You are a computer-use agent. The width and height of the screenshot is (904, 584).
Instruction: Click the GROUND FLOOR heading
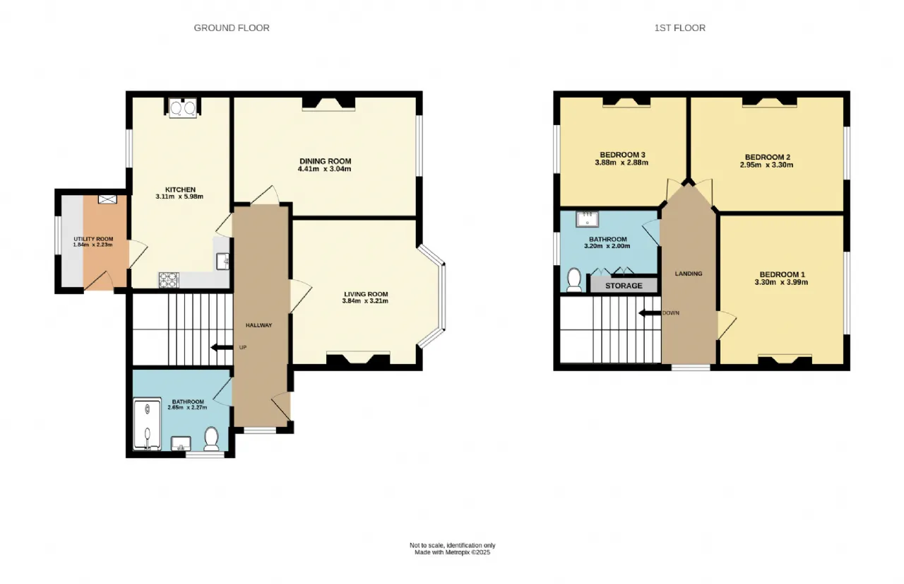pyautogui.click(x=232, y=28)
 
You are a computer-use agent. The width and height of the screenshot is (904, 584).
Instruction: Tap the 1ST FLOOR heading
pyautogui.click(x=680, y=28)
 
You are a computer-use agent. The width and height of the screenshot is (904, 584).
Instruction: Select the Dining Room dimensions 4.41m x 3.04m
pyautogui.click(x=324, y=169)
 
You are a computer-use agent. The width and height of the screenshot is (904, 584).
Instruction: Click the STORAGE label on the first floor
pyautogui.click(x=624, y=286)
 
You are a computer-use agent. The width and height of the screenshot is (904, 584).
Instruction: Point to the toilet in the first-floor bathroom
pyautogui.click(x=574, y=280)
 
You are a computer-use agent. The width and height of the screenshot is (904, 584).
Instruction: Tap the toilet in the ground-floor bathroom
pyautogui.click(x=211, y=439)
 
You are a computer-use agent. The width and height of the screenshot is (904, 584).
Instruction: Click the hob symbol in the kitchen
pyautogui.click(x=169, y=280)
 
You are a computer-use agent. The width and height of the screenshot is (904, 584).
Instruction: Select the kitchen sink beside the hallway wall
pyautogui.click(x=222, y=262)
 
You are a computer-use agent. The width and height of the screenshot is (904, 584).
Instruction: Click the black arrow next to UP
pyautogui.click(x=222, y=347)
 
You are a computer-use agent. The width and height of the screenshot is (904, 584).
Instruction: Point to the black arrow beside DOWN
pyautogui.click(x=650, y=313)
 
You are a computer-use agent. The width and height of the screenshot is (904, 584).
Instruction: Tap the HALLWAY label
pyautogui.click(x=258, y=325)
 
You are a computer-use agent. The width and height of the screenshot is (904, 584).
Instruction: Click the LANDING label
pyautogui.click(x=689, y=274)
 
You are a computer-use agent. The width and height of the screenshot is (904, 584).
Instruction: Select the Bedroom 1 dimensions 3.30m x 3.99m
pyautogui.click(x=781, y=282)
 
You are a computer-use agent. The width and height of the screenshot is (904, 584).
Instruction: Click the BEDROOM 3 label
pyautogui.click(x=622, y=155)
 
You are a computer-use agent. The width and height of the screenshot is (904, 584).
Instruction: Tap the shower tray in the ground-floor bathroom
pyautogui.click(x=148, y=424)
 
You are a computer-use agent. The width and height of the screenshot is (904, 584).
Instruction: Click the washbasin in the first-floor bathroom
pyautogui.click(x=587, y=219)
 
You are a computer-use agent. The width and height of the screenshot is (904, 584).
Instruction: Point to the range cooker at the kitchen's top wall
pyautogui.click(x=183, y=107)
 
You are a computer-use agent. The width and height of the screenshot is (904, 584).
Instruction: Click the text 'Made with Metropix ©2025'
pyautogui.click(x=453, y=552)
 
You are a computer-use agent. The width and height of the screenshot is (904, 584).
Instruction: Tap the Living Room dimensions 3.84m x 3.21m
pyautogui.click(x=365, y=301)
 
